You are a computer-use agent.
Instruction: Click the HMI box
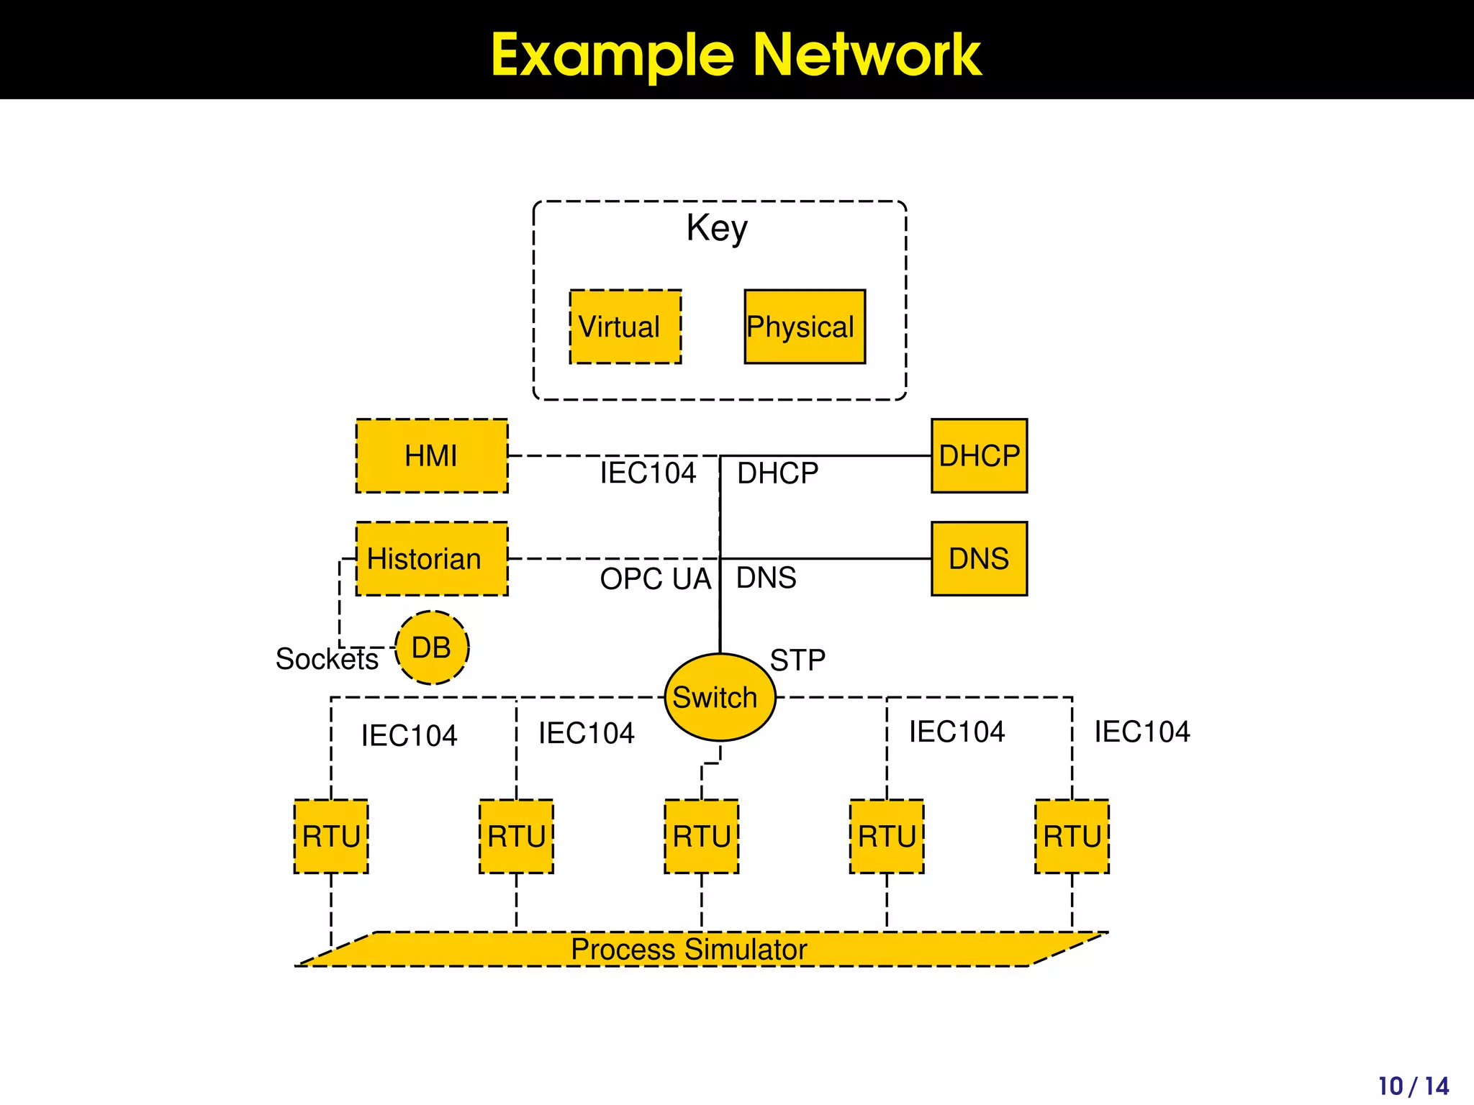[x=432, y=455]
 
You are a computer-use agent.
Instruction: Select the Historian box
[x=432, y=559]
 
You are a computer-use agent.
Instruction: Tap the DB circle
[x=432, y=647]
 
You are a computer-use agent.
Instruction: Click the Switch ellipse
[x=719, y=697]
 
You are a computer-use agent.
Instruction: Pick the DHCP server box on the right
[x=979, y=455]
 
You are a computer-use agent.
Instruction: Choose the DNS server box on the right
[x=979, y=559]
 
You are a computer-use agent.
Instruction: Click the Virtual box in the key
[x=625, y=327]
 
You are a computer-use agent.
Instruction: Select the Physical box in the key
[x=804, y=327]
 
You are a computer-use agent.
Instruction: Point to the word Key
[x=717, y=229]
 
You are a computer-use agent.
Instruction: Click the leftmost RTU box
[x=331, y=836]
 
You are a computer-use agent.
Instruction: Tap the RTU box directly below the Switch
[x=702, y=836]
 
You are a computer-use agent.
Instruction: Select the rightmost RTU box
[x=1072, y=836]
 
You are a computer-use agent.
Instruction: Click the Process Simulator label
[x=689, y=950]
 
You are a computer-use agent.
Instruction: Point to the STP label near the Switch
[x=797, y=660]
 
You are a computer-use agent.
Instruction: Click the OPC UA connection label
[x=655, y=579]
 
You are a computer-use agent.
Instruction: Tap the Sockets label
[x=327, y=659]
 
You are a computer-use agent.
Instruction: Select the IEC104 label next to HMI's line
[x=648, y=473]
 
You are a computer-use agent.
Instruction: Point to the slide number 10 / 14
[x=1413, y=1086]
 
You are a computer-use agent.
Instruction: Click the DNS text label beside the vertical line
[x=766, y=578]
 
